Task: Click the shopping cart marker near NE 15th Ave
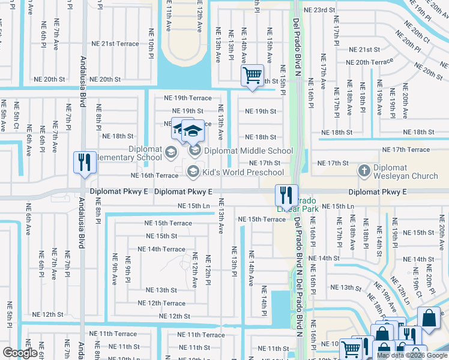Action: point(253,76)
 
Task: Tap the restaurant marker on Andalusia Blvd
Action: point(83,163)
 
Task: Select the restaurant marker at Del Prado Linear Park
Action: point(286,195)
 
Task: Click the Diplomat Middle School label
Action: point(249,151)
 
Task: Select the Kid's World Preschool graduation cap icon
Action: point(193,172)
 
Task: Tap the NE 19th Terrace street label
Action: point(188,98)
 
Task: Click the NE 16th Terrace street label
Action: point(155,175)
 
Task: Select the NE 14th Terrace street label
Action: point(161,249)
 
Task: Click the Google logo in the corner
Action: point(20,353)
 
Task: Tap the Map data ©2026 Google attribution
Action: point(412,355)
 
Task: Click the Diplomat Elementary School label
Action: point(136,154)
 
